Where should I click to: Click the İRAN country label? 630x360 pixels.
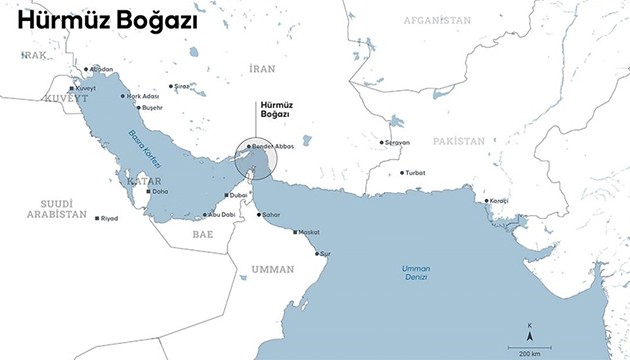pos(262,68)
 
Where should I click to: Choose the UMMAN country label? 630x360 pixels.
pos(272,269)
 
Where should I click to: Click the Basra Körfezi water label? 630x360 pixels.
pos(145,149)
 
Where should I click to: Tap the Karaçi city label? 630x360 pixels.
pos(497,201)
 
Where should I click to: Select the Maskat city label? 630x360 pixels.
pos(308,232)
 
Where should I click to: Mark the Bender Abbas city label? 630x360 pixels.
pos(272,146)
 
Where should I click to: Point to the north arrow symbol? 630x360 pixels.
pos(530,331)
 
